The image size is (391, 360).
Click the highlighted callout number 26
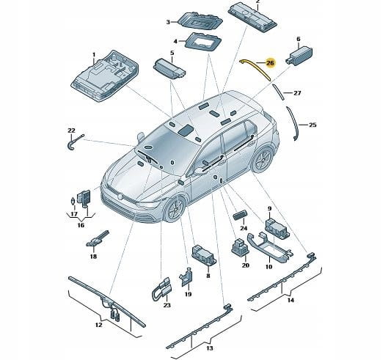270,63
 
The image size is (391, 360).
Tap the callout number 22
71,131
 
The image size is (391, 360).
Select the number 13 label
210,348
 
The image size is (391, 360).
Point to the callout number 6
299,39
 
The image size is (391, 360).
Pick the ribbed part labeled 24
241,214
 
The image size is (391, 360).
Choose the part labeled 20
240,247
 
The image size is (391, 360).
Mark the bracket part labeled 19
186,277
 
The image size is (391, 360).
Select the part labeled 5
169,69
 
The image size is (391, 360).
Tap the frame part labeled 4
203,43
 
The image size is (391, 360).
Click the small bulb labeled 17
73,201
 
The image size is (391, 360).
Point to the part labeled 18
97,239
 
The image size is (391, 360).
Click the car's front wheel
175,210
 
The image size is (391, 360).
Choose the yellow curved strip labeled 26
255,70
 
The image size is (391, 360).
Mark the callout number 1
94,54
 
